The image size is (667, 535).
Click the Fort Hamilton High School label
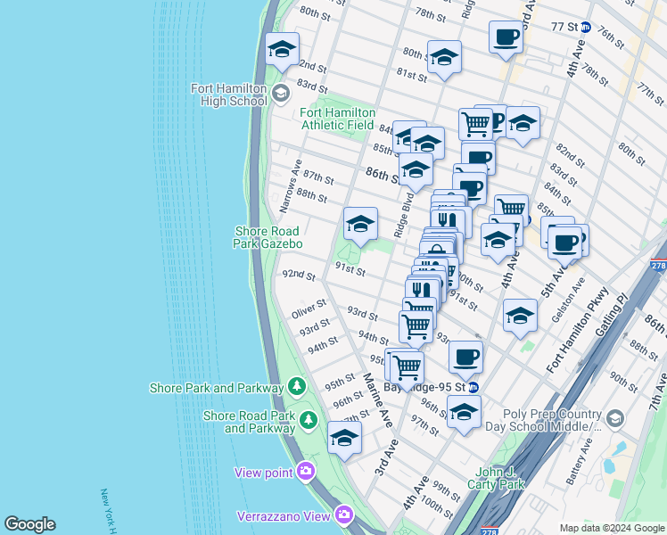(x=228, y=95)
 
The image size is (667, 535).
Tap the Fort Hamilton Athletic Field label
(x=337, y=119)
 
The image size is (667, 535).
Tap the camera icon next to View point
(x=306, y=471)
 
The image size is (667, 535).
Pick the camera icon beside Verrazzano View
(x=343, y=515)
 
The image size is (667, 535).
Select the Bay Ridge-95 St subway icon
(x=473, y=387)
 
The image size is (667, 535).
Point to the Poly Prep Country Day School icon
(x=613, y=418)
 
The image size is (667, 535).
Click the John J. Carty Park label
(x=501, y=478)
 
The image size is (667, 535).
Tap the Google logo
(x=29, y=524)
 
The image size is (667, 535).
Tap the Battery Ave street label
(x=579, y=467)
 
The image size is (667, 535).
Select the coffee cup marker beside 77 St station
(x=506, y=38)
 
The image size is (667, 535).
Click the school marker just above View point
(x=344, y=438)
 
